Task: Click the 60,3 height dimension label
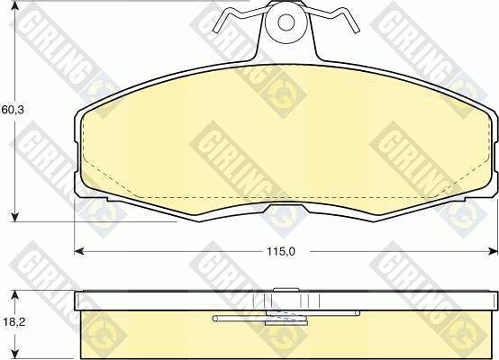11,112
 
